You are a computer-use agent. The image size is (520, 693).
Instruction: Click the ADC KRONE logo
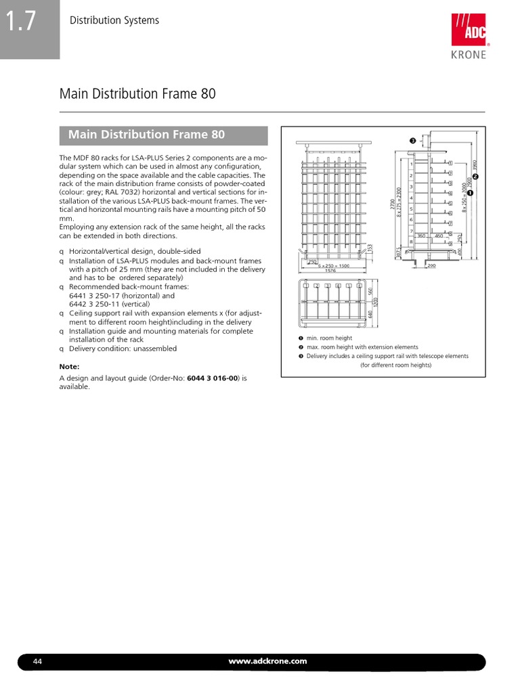click(x=469, y=37)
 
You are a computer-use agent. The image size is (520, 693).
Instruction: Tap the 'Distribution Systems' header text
click(x=114, y=20)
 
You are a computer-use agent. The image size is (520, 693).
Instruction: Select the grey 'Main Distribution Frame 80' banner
click(x=164, y=135)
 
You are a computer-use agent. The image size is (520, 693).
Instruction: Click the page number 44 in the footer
click(x=38, y=661)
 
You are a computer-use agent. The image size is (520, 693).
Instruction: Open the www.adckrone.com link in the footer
click(x=268, y=661)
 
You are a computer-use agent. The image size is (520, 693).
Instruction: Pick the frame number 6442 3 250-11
click(x=102, y=305)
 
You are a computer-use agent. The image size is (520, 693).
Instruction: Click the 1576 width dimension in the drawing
click(x=330, y=271)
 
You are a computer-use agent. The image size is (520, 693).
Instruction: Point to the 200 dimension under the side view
click(x=431, y=266)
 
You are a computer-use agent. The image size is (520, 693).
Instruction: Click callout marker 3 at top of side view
click(x=412, y=141)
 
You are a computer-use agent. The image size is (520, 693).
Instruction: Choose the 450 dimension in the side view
click(x=439, y=236)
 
